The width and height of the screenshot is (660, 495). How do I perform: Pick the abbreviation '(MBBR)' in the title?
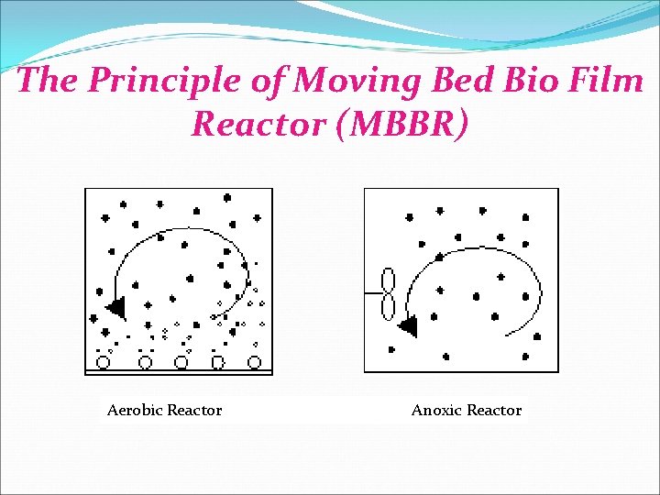pyautogui.click(x=402, y=124)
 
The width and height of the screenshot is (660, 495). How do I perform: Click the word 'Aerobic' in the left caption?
pyautogui.click(x=134, y=411)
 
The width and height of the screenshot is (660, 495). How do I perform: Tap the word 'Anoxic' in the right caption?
pyautogui.click(x=436, y=411)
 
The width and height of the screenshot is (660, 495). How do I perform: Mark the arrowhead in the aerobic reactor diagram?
pyautogui.click(x=115, y=307)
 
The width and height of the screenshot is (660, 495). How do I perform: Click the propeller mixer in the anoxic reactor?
pyautogui.click(x=388, y=293)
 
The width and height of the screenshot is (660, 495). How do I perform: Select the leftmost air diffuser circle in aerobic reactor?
pyautogui.click(x=104, y=362)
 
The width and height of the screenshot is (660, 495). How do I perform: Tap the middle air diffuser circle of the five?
pyautogui.click(x=181, y=362)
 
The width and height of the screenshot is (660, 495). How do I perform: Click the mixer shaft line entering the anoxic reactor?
pyautogui.click(x=372, y=293)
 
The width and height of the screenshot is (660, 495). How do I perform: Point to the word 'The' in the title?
pyautogui.click(x=44, y=81)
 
